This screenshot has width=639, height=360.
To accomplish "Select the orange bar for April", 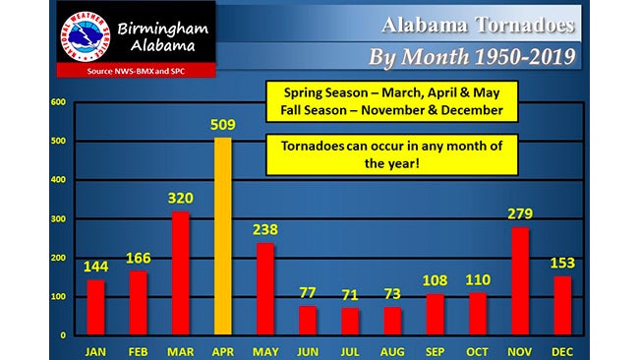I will tap(222, 236).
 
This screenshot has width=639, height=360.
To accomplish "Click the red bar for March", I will tap(180, 273).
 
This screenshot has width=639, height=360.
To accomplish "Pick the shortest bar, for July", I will tap(350, 322).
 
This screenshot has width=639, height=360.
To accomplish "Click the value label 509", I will tap(222, 126).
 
